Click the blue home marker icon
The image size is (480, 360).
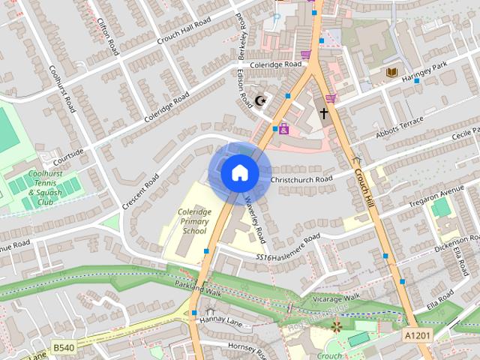click(240, 173)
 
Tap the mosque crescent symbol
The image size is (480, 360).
click(261, 100)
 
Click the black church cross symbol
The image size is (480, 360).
click(324, 114)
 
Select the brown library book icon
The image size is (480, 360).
click(391, 72)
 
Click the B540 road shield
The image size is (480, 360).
click(63, 347)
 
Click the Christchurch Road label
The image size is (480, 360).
click(301, 180)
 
